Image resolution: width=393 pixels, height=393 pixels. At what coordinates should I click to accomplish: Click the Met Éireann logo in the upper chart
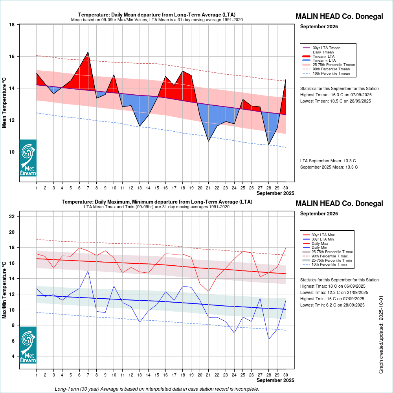click(x=28, y=158)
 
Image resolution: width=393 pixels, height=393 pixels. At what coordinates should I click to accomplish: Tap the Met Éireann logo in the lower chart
click(x=28, y=345)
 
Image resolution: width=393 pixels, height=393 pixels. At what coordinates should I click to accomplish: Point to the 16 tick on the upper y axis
click(x=12, y=57)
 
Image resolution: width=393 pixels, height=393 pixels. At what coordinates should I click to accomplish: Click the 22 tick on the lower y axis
click(x=12, y=217)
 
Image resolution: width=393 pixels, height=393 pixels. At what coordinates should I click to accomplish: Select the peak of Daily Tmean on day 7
click(x=88, y=52)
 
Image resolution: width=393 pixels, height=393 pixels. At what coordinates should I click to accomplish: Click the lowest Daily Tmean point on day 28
click(x=268, y=145)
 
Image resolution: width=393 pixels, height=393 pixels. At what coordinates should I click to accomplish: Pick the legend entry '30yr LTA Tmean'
click(x=326, y=48)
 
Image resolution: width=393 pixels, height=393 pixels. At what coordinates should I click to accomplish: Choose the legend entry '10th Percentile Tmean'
click(x=331, y=73)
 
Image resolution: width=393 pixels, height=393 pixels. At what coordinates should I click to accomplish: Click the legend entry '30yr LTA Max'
click(x=323, y=235)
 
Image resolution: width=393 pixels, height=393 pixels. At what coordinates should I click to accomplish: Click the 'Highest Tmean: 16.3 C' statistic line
click(x=336, y=95)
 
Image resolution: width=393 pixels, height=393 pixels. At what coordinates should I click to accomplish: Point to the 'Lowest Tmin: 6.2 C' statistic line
click(x=332, y=305)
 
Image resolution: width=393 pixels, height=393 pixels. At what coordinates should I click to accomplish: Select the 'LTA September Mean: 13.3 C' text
click(x=328, y=161)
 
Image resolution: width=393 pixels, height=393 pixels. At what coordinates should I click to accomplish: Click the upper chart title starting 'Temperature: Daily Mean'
click(x=157, y=15)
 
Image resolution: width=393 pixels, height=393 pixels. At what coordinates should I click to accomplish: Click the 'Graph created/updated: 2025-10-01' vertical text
click(x=381, y=335)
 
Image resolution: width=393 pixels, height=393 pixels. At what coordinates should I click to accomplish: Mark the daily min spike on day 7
click(x=88, y=271)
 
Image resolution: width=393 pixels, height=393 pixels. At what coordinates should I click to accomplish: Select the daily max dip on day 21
click(x=208, y=291)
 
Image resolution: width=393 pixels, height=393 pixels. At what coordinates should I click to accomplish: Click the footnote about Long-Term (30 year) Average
click(x=157, y=389)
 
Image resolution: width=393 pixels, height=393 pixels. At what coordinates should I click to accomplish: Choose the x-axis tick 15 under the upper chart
click(x=157, y=187)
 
